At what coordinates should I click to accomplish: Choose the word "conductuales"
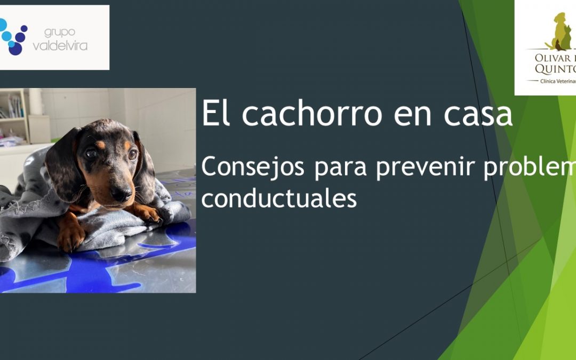coord(279,199)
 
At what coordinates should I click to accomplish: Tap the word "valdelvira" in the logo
coord(60,46)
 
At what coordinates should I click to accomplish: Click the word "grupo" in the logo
coord(60,33)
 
